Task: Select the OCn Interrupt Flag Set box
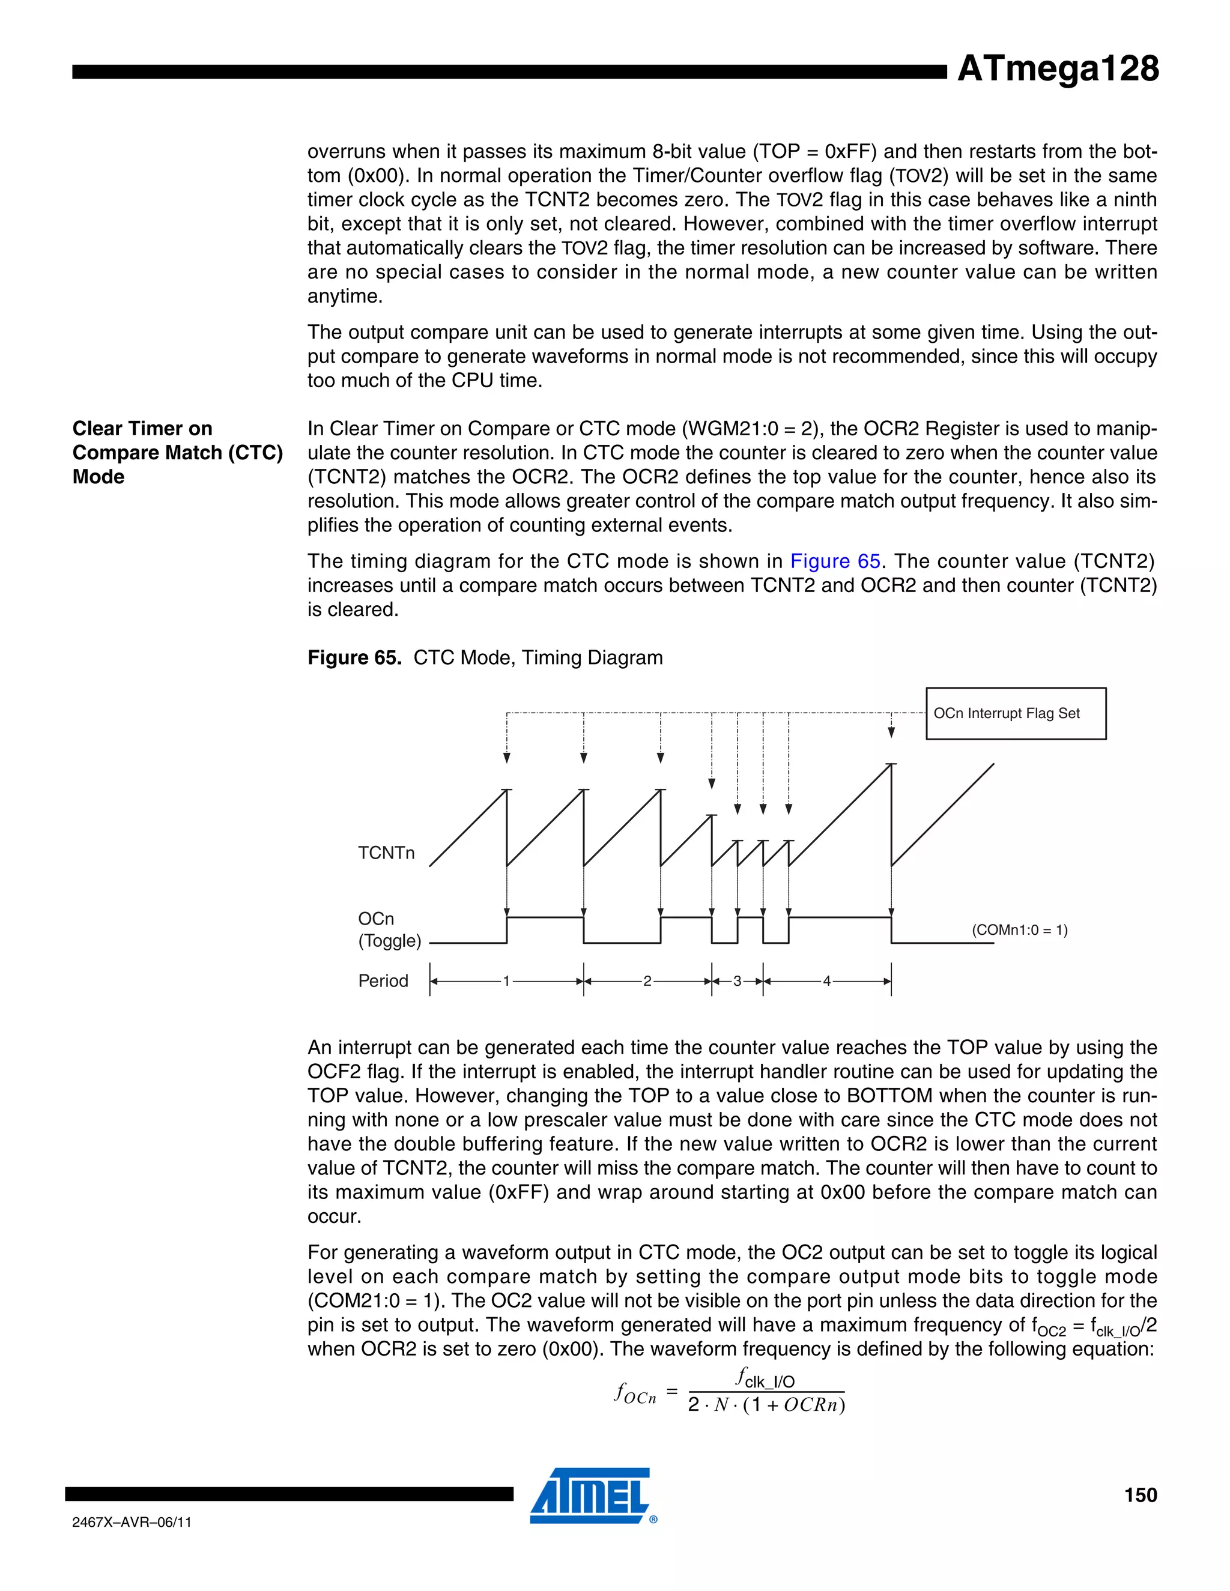click(1016, 713)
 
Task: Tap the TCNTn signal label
click(386, 853)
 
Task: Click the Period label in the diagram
click(383, 980)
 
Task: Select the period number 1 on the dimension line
click(506, 981)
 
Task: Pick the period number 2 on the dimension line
click(647, 981)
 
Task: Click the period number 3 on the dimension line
click(737, 981)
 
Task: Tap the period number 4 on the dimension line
click(826, 981)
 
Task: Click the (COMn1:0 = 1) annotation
click(1019, 929)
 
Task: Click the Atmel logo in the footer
click(592, 1495)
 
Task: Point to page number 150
click(1141, 1495)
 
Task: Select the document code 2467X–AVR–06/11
click(132, 1522)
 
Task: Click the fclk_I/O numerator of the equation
click(765, 1378)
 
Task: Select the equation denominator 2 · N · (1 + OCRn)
click(766, 1405)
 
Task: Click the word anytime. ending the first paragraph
click(345, 297)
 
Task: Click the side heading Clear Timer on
click(142, 428)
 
